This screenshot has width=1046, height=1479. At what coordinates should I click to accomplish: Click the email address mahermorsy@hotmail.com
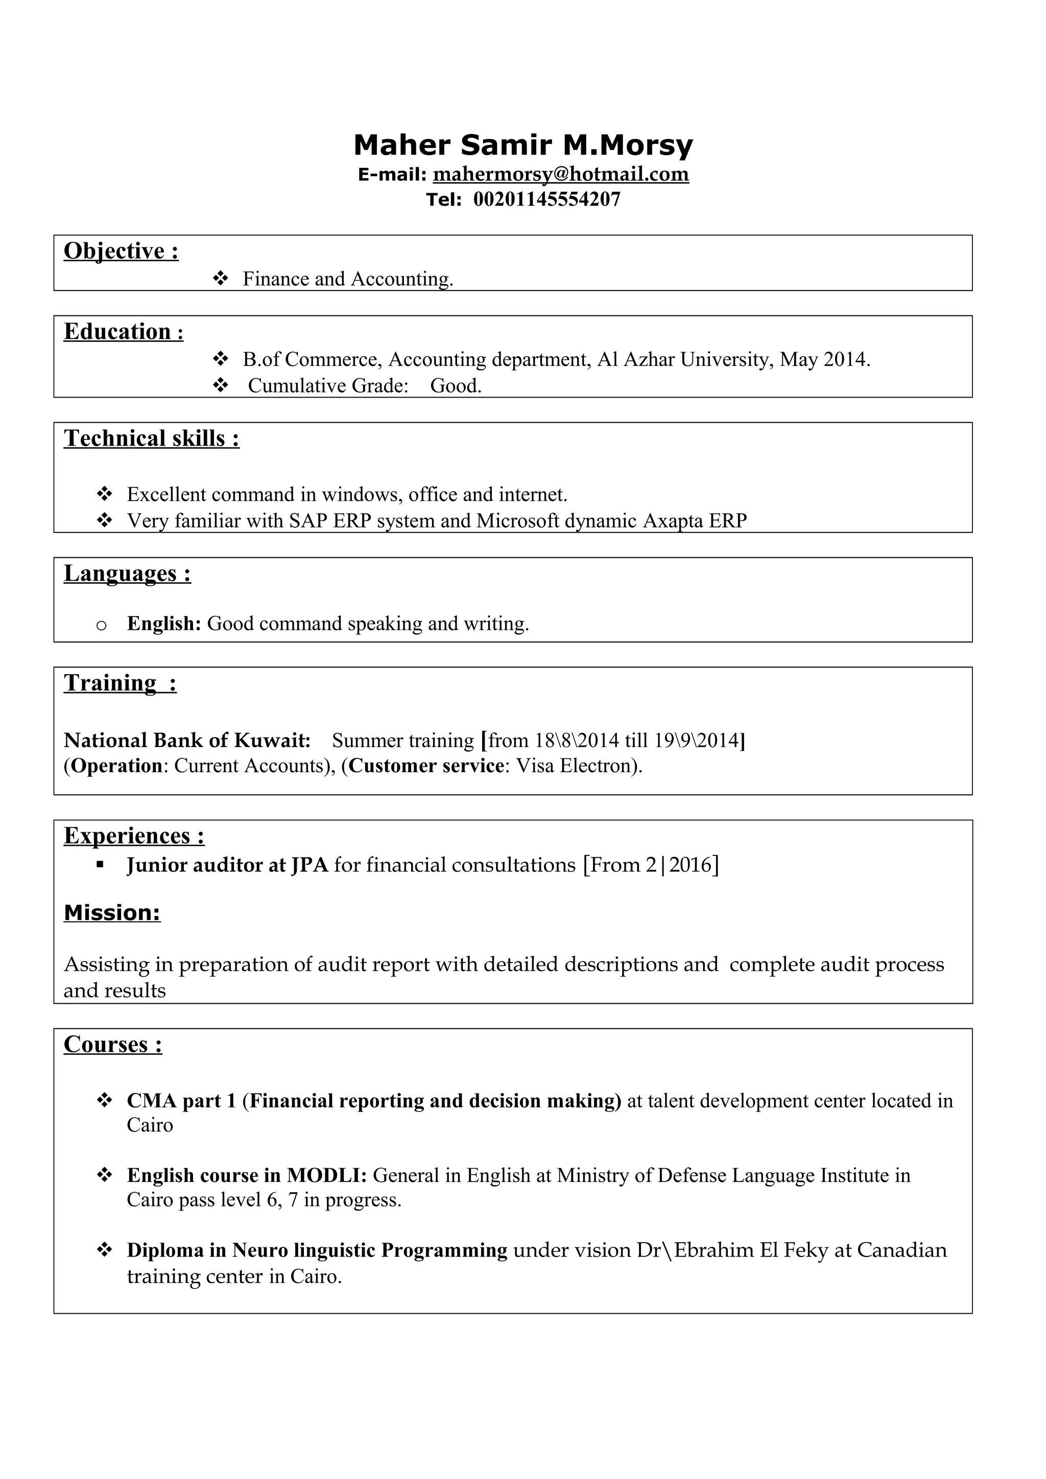point(561,174)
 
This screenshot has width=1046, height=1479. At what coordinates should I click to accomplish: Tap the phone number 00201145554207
point(546,199)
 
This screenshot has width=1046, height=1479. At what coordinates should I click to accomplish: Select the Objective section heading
point(121,251)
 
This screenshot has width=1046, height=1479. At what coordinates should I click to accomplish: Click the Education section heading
point(124,332)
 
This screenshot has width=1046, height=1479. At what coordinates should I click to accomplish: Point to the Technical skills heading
point(152,439)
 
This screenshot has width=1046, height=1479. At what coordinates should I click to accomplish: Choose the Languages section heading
point(127,573)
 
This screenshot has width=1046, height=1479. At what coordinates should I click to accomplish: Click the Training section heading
point(120,683)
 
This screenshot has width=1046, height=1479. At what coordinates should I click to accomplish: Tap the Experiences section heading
point(134,836)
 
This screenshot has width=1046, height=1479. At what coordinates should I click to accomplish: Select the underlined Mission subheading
point(112,913)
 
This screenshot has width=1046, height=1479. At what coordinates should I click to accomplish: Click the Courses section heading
point(113,1044)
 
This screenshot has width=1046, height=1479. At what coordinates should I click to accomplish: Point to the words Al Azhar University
point(684,359)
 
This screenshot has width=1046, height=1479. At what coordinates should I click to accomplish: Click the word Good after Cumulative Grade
point(456,386)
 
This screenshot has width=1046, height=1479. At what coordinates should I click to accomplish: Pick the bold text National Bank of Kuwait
point(187,740)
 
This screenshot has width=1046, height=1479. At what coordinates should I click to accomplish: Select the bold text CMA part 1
point(182,1101)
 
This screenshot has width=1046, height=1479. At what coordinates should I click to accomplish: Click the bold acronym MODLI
point(326,1176)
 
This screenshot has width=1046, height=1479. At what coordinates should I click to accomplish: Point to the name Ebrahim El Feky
point(751,1250)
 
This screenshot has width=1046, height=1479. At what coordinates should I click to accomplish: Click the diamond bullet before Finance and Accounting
point(221,279)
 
